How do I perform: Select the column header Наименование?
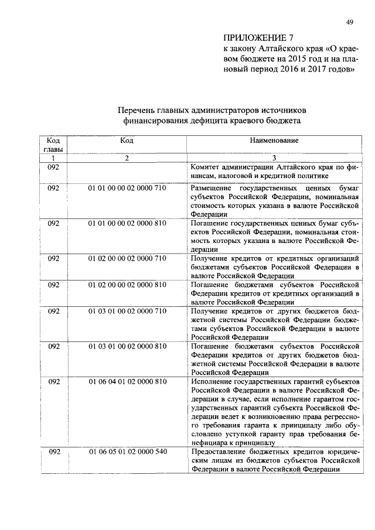tap(274, 141)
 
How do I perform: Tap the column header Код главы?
tap(53, 145)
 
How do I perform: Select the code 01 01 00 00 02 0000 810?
tap(127, 223)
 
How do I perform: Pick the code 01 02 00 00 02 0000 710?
tap(127, 258)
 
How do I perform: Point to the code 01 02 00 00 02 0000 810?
tap(127, 285)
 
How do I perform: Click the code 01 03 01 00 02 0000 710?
tap(127, 311)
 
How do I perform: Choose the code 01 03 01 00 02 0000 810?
tap(127, 346)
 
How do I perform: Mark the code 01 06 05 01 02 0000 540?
tap(127, 452)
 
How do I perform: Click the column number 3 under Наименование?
tap(274, 158)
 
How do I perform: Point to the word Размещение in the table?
tap(212, 188)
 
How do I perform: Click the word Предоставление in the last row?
tap(219, 452)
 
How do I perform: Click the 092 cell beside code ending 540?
tap(53, 452)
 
